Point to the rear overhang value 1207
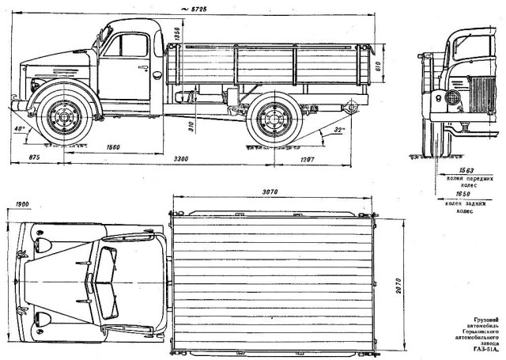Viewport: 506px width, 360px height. [x=308, y=160]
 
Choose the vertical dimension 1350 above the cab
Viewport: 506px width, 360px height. [x=178, y=34]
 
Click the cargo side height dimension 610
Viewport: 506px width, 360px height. [x=378, y=66]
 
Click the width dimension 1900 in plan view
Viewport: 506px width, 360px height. [x=21, y=205]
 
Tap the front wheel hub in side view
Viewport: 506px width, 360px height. [x=61, y=119]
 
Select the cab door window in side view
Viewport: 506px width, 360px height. [x=132, y=45]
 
